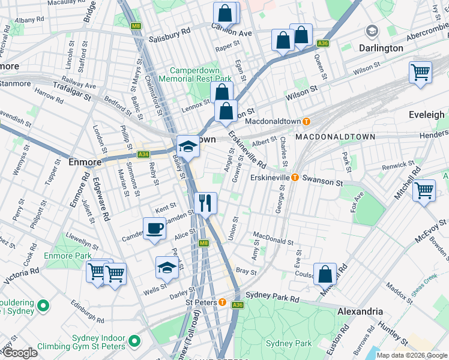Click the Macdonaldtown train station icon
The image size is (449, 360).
click(x=306, y=121)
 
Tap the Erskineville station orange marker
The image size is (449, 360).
click(x=295, y=178)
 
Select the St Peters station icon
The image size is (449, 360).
click(x=222, y=302)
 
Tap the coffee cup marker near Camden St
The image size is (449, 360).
click(x=154, y=228)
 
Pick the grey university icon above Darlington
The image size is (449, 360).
click(x=372, y=31)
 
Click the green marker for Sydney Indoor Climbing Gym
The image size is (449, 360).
click(x=135, y=341)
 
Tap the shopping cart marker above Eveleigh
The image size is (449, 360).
click(x=421, y=72)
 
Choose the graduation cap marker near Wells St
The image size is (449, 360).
click(x=167, y=268)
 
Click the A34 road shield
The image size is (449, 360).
click(x=143, y=154)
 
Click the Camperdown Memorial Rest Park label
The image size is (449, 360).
click(x=195, y=74)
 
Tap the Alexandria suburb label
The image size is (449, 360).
click(x=360, y=311)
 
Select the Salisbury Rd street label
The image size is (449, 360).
click(x=170, y=29)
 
